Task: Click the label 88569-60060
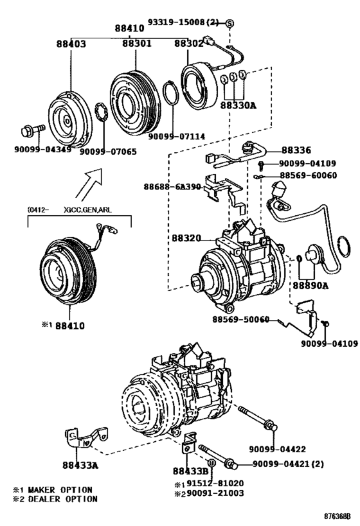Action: [x=307, y=175]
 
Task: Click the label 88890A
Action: [x=310, y=285]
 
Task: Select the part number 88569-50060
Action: [x=240, y=320]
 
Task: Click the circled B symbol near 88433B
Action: [x=211, y=462]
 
